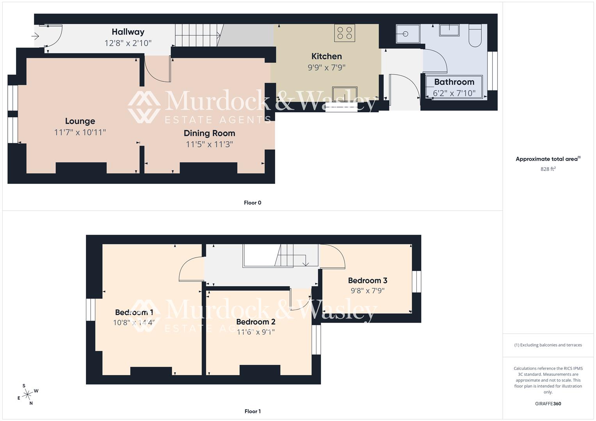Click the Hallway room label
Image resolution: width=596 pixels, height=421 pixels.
(x=128, y=32)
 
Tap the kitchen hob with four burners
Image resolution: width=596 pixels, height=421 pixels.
(x=345, y=33)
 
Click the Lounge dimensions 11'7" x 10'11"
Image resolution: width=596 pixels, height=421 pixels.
(x=80, y=133)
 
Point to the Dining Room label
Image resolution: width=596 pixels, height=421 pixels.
(x=209, y=133)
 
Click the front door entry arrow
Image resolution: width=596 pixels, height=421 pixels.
(x=35, y=37)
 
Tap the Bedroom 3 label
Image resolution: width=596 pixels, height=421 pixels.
(x=367, y=280)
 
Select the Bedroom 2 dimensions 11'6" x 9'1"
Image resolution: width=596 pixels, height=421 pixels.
(x=256, y=332)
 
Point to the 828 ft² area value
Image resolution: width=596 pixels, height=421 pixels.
(x=548, y=169)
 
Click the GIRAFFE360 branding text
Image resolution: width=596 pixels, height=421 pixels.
(x=548, y=403)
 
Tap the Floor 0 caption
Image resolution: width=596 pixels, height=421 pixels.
(x=253, y=203)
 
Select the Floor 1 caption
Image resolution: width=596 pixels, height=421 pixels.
(x=253, y=411)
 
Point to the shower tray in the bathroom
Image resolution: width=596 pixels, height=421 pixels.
(x=407, y=34)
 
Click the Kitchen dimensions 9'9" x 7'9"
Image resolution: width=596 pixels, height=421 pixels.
(x=326, y=67)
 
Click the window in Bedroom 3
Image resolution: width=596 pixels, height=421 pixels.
(x=417, y=281)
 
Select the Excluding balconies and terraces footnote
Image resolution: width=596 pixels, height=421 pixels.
(x=548, y=345)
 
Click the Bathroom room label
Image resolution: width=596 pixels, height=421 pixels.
(x=454, y=82)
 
